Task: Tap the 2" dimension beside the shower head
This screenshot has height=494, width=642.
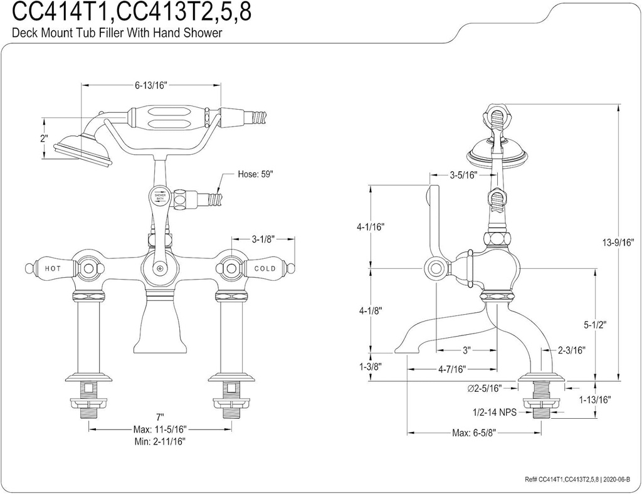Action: (43, 138)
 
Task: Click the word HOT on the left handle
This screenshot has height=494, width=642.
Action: (53, 268)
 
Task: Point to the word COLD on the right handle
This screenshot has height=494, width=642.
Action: (265, 268)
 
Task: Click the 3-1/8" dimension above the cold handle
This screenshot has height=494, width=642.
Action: (264, 239)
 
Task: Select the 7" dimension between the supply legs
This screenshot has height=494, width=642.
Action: (160, 417)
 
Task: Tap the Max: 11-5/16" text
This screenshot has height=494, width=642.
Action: (160, 429)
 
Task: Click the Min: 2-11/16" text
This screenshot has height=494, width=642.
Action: (160, 441)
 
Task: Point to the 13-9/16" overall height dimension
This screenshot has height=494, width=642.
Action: (618, 242)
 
